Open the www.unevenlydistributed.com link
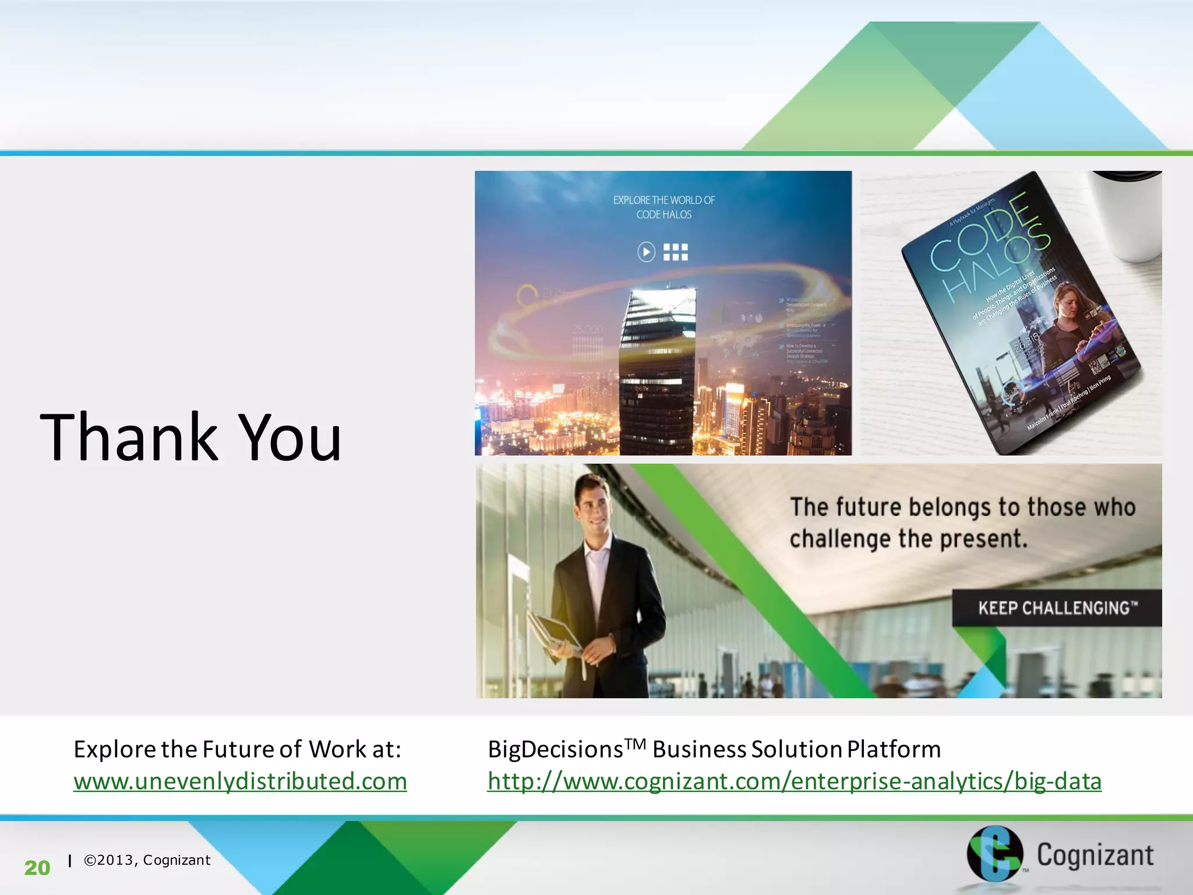(x=240, y=781)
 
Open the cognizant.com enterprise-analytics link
(x=795, y=781)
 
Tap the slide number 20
(x=37, y=868)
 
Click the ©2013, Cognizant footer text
(x=147, y=860)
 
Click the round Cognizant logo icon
(x=994, y=854)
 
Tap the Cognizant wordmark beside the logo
(x=1095, y=855)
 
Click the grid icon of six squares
(x=676, y=252)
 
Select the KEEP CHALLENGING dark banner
(x=1057, y=608)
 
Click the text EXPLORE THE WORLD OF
(x=663, y=200)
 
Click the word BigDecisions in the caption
(x=555, y=749)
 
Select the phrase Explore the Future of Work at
(x=237, y=749)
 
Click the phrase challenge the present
(x=909, y=539)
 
